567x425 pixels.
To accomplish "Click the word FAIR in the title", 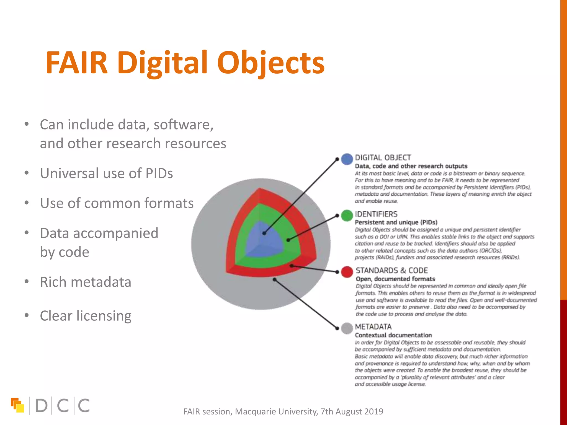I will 76,63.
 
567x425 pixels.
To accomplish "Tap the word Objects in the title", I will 271,64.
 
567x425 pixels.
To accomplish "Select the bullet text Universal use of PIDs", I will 106,173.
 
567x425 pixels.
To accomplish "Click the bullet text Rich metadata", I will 85,282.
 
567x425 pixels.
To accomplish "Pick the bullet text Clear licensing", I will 85,316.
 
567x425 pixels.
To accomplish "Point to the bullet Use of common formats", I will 117,203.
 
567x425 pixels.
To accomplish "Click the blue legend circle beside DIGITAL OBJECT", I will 347,159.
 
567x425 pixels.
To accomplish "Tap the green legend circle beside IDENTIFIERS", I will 347,216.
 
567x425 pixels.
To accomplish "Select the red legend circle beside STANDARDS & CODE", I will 347,272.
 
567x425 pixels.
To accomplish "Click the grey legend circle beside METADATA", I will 347,328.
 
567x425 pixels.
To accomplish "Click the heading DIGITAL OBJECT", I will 383,158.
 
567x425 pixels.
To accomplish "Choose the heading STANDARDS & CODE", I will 391,270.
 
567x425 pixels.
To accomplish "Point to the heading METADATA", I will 373,327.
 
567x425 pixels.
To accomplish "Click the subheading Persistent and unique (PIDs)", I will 396,222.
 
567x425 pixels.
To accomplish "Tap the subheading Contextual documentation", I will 393,335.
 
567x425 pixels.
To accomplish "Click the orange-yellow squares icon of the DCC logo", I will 17,405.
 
